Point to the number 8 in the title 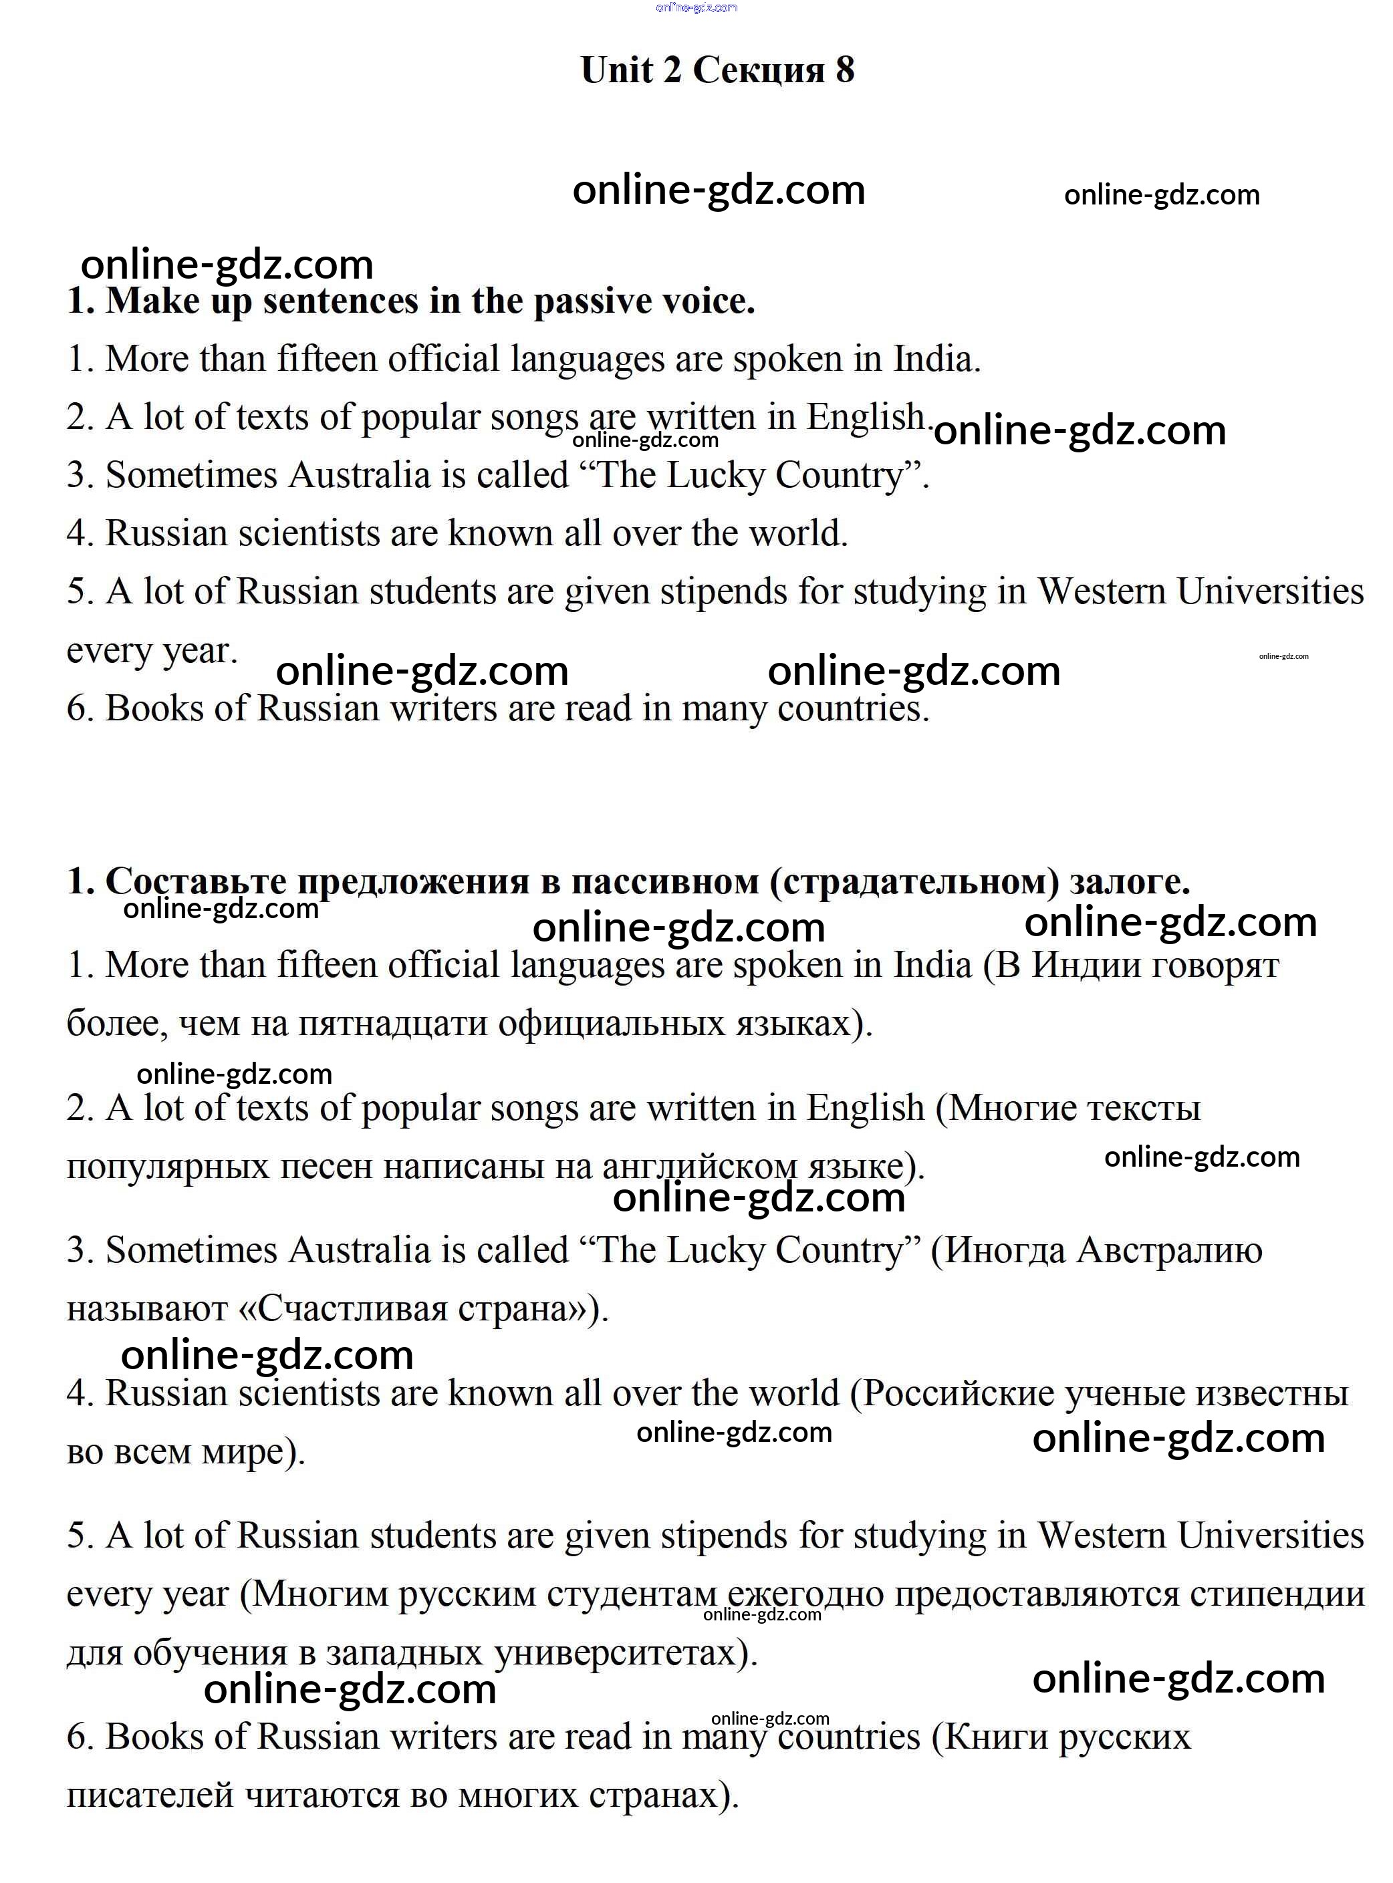coord(845,70)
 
